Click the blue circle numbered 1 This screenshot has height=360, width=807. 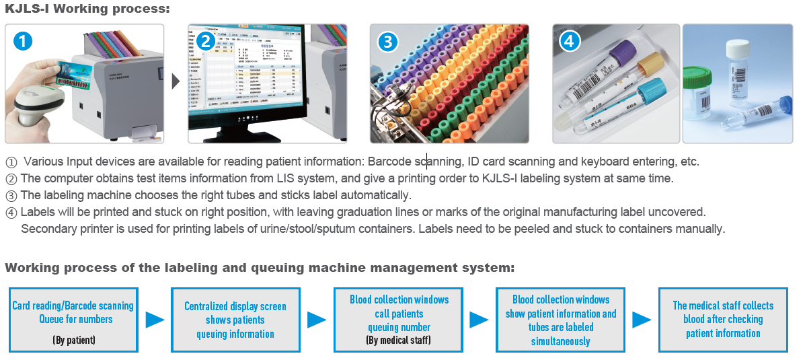(x=24, y=41)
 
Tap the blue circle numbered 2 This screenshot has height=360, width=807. (x=206, y=41)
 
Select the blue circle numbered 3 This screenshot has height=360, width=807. (x=387, y=41)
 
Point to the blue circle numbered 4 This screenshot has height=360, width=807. (x=570, y=41)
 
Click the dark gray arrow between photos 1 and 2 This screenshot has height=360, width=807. (x=176, y=82)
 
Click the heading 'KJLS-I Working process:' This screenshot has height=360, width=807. (x=87, y=9)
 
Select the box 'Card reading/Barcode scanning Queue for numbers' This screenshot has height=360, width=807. (x=73, y=320)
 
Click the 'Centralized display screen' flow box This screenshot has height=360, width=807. (x=235, y=320)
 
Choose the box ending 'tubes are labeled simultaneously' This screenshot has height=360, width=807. (x=561, y=320)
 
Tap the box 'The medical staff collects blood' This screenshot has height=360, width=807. (x=723, y=320)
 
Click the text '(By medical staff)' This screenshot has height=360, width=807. (x=399, y=340)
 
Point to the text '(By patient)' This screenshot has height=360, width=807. (x=74, y=340)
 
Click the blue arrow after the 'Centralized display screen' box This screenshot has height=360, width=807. (x=316, y=320)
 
